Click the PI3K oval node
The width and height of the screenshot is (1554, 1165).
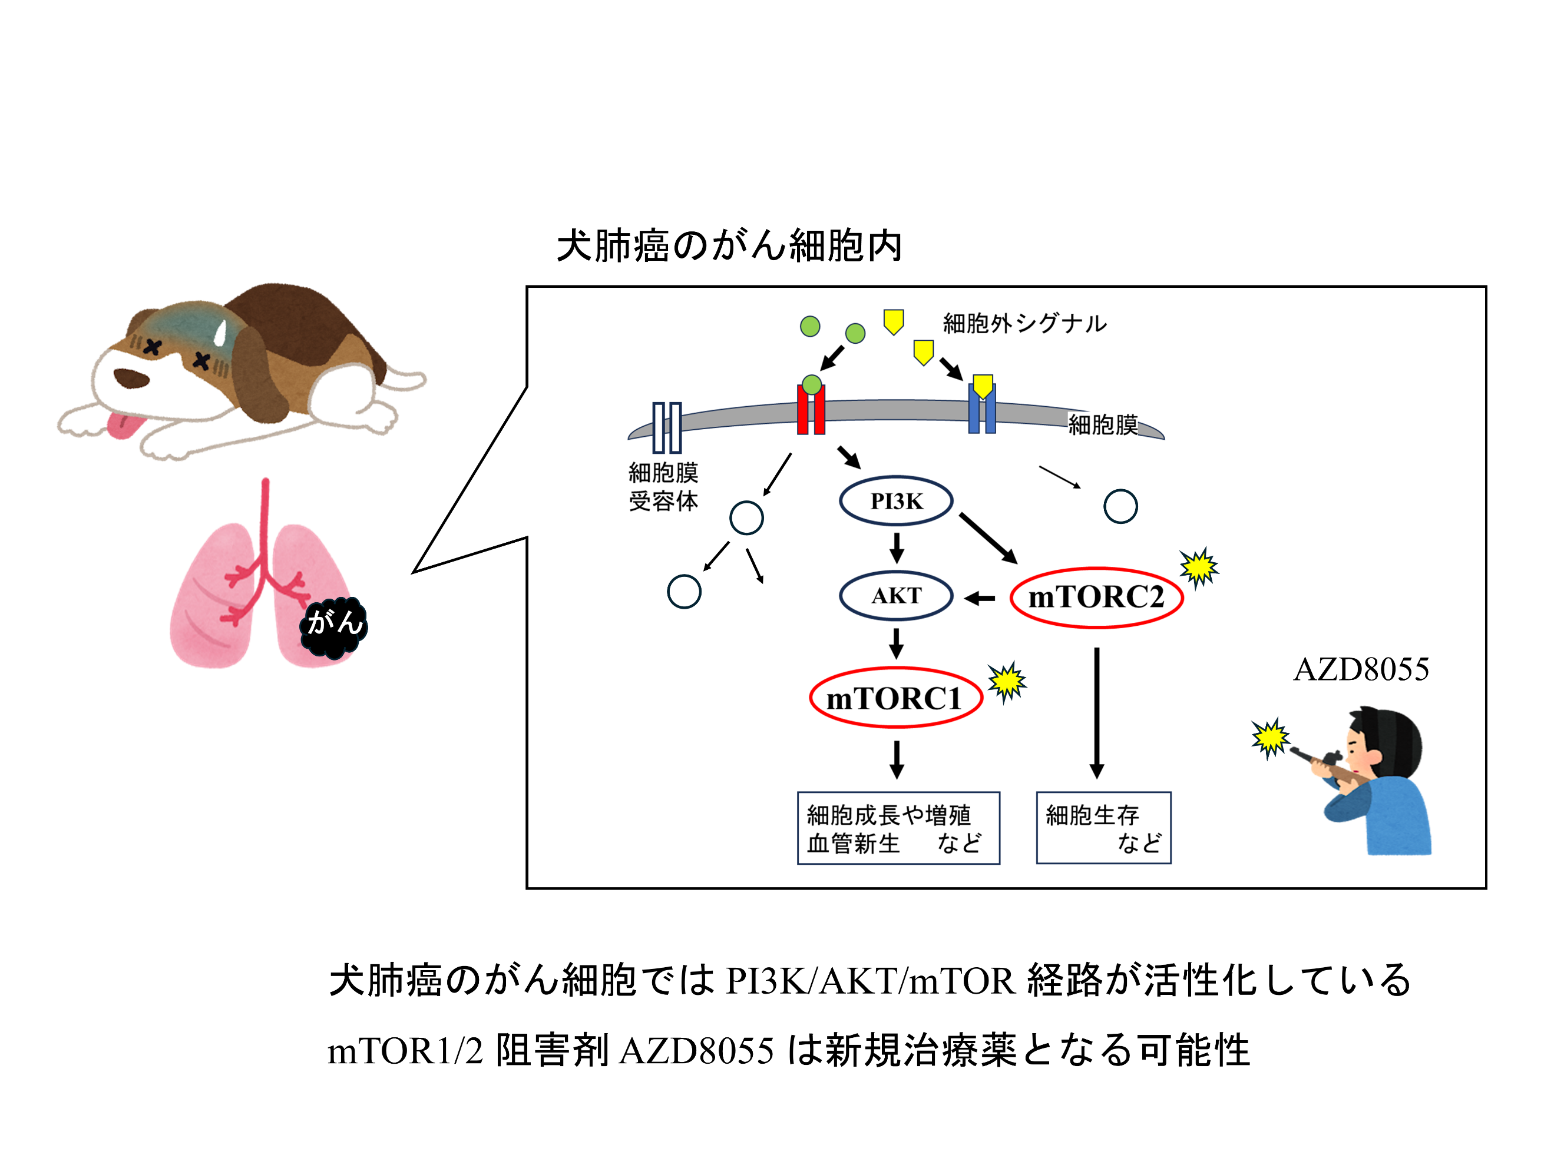point(896,502)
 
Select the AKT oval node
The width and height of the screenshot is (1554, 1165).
point(896,596)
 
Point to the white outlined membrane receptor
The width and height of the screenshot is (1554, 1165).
point(667,427)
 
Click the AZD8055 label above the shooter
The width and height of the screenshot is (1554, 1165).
point(1361,669)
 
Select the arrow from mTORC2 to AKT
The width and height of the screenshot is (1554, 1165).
point(980,598)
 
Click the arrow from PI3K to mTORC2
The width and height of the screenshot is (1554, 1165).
point(988,538)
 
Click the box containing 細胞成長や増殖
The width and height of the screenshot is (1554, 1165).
point(898,827)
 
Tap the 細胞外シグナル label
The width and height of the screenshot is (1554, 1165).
point(1024,324)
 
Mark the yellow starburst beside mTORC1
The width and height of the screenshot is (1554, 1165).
point(1007,681)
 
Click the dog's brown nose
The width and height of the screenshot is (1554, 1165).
point(131,378)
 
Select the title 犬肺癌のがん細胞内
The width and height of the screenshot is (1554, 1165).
point(729,247)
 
